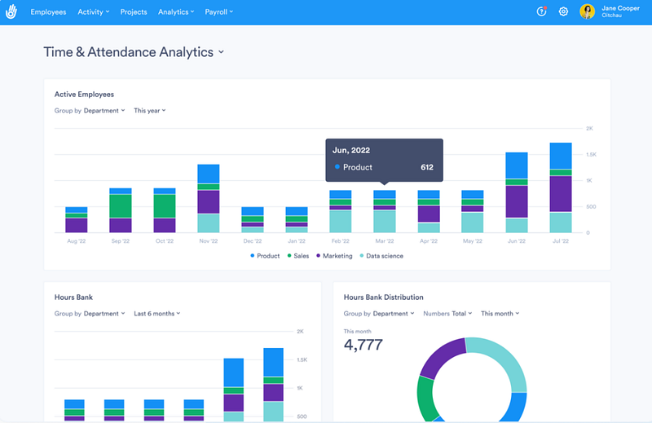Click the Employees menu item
pyautogui.click(x=48, y=12)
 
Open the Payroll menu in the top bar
pyautogui.click(x=218, y=12)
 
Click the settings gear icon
pyautogui.click(x=563, y=12)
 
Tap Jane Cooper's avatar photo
pyautogui.click(x=587, y=12)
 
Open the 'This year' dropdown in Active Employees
pyautogui.click(x=149, y=110)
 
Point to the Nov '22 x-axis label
pyautogui.click(x=208, y=241)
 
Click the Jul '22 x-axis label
pyautogui.click(x=560, y=241)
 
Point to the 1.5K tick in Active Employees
pyautogui.click(x=590, y=155)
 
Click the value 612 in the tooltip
pyautogui.click(x=427, y=167)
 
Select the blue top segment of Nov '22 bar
pyautogui.click(x=209, y=173)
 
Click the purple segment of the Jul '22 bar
pyautogui.click(x=560, y=194)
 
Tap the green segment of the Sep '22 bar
pyautogui.click(x=121, y=205)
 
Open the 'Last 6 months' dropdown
pyautogui.click(x=156, y=313)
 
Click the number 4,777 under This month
pyautogui.click(x=363, y=344)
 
